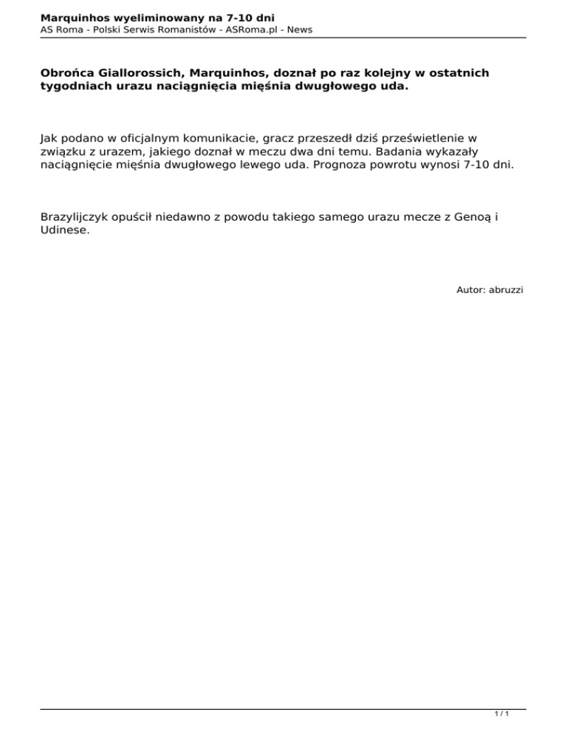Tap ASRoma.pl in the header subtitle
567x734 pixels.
pyautogui.click(x=247, y=29)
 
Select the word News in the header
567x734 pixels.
pyautogui.click(x=299, y=29)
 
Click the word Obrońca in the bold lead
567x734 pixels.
pyautogui.click(x=68, y=73)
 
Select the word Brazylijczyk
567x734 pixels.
pyautogui.click(x=80, y=218)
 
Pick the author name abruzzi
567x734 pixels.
pyautogui.click(x=506, y=290)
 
